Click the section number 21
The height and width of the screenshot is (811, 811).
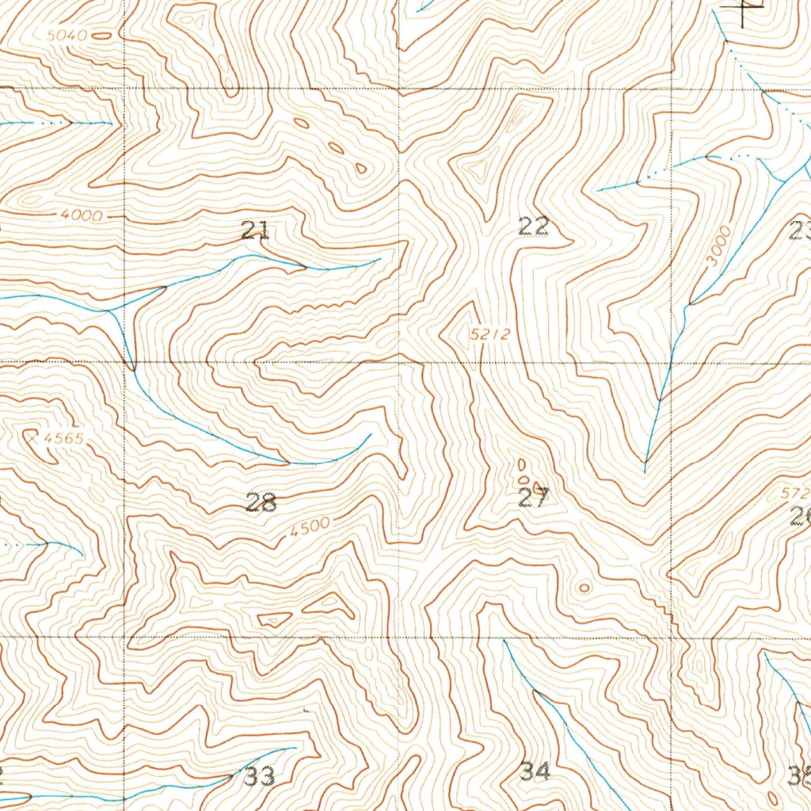point(255,231)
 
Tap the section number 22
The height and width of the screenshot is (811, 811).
point(534,227)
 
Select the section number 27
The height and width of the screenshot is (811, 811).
point(533,497)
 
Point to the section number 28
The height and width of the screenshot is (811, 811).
point(261,501)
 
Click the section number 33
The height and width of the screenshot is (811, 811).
point(260,776)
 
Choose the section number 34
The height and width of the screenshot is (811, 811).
point(536,771)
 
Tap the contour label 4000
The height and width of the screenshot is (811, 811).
point(80,215)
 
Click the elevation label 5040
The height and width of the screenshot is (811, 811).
point(67,35)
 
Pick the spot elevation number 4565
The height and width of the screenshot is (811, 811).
point(64,437)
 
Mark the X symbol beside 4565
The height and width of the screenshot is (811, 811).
point(32,435)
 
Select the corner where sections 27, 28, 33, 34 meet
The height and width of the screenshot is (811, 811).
point(398,636)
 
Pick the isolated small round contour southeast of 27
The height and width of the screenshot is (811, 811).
point(584,588)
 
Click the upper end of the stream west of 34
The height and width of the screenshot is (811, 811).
point(504,639)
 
